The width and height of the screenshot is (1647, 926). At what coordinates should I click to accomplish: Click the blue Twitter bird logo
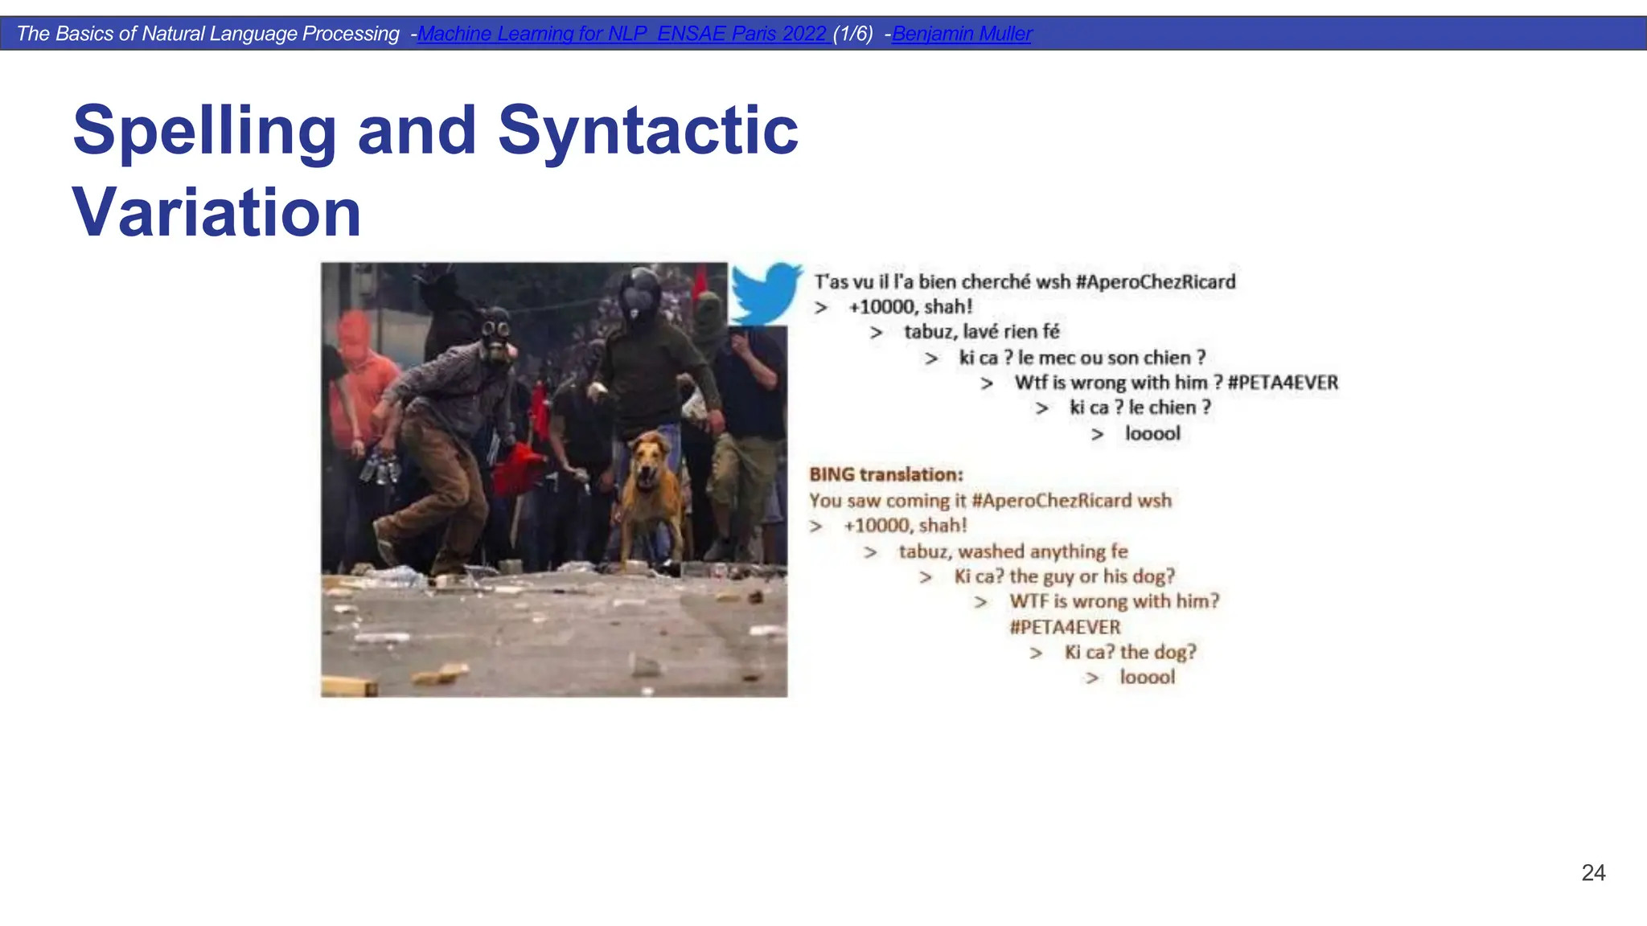point(765,293)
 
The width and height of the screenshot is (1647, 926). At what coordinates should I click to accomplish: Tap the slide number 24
point(1592,873)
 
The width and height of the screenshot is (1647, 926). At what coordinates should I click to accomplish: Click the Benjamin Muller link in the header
point(961,34)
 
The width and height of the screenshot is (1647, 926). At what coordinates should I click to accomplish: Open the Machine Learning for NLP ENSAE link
point(622,34)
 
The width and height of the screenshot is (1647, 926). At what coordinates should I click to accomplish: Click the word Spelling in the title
point(204,130)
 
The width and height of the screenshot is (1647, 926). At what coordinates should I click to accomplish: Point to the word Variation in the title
point(216,212)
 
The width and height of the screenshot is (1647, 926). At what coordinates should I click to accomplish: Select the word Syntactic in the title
point(647,130)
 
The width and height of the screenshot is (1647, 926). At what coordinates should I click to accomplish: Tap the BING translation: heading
point(885,475)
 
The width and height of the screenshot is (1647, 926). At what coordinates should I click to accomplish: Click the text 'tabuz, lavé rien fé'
point(981,332)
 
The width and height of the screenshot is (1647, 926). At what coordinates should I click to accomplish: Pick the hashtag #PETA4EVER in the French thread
point(1283,383)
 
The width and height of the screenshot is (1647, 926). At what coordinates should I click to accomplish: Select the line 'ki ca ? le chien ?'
point(1140,408)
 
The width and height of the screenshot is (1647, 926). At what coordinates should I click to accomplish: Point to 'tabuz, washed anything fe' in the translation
point(1012,551)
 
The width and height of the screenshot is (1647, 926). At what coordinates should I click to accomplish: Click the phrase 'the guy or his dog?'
point(1091,576)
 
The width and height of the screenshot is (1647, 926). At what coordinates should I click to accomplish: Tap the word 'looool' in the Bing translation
point(1147,678)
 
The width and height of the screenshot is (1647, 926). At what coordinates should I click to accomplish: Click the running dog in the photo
point(651,490)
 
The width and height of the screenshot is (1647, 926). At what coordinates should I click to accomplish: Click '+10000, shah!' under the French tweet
point(910,307)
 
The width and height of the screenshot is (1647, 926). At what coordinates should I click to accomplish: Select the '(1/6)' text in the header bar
point(852,34)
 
